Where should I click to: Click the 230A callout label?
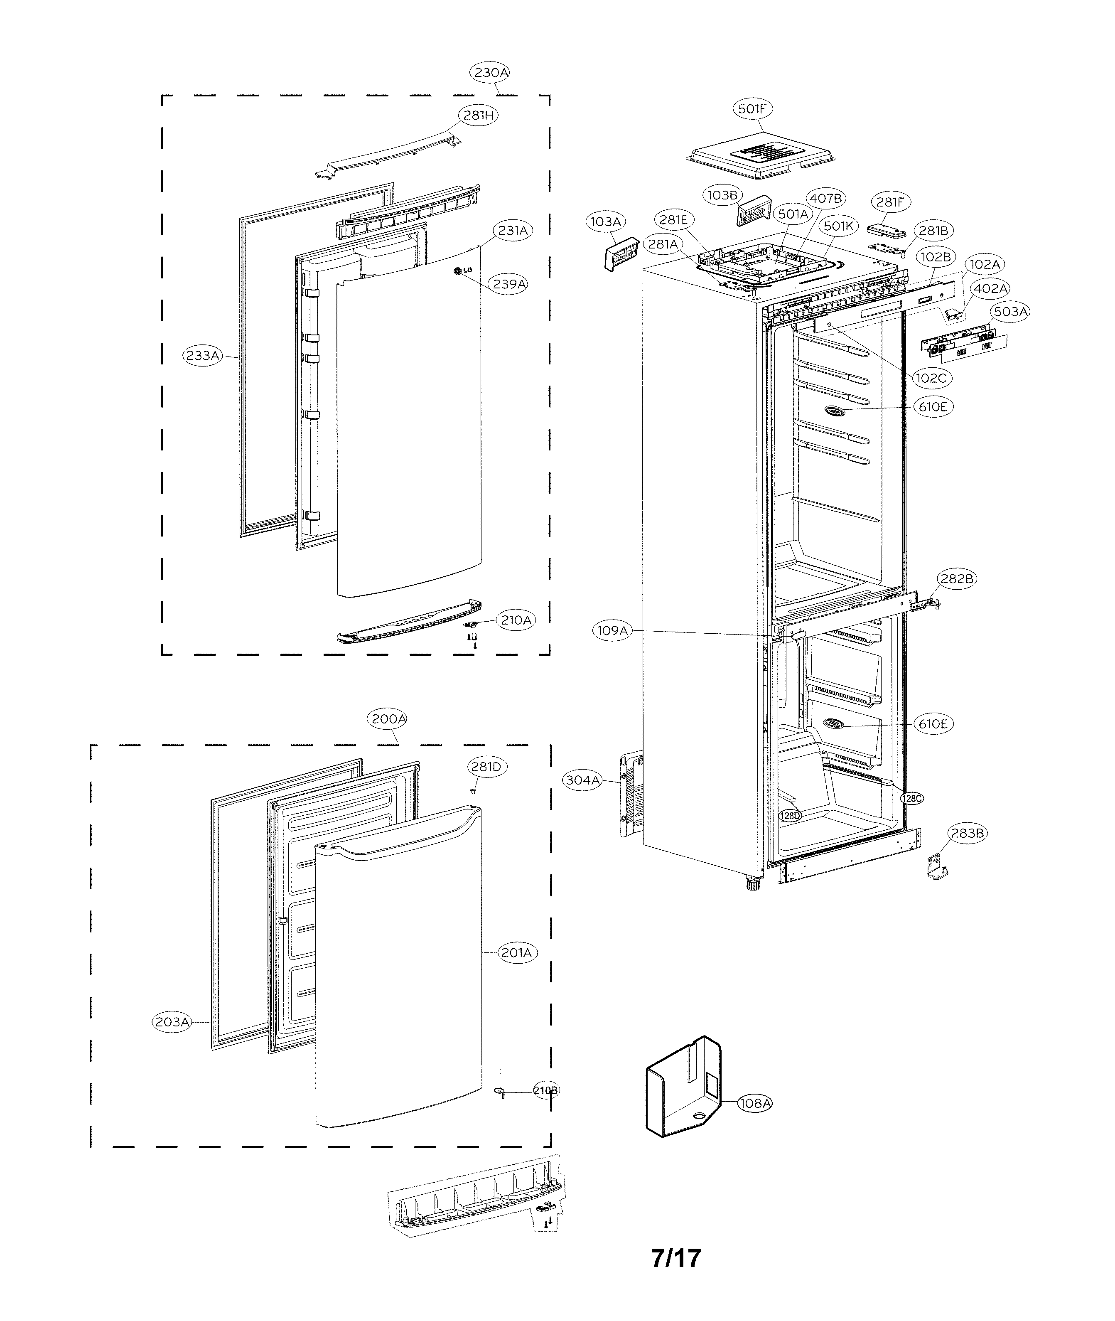tap(491, 73)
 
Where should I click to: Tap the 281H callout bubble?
tap(479, 115)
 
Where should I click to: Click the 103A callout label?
tap(605, 221)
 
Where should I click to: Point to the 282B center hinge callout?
tap(956, 578)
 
